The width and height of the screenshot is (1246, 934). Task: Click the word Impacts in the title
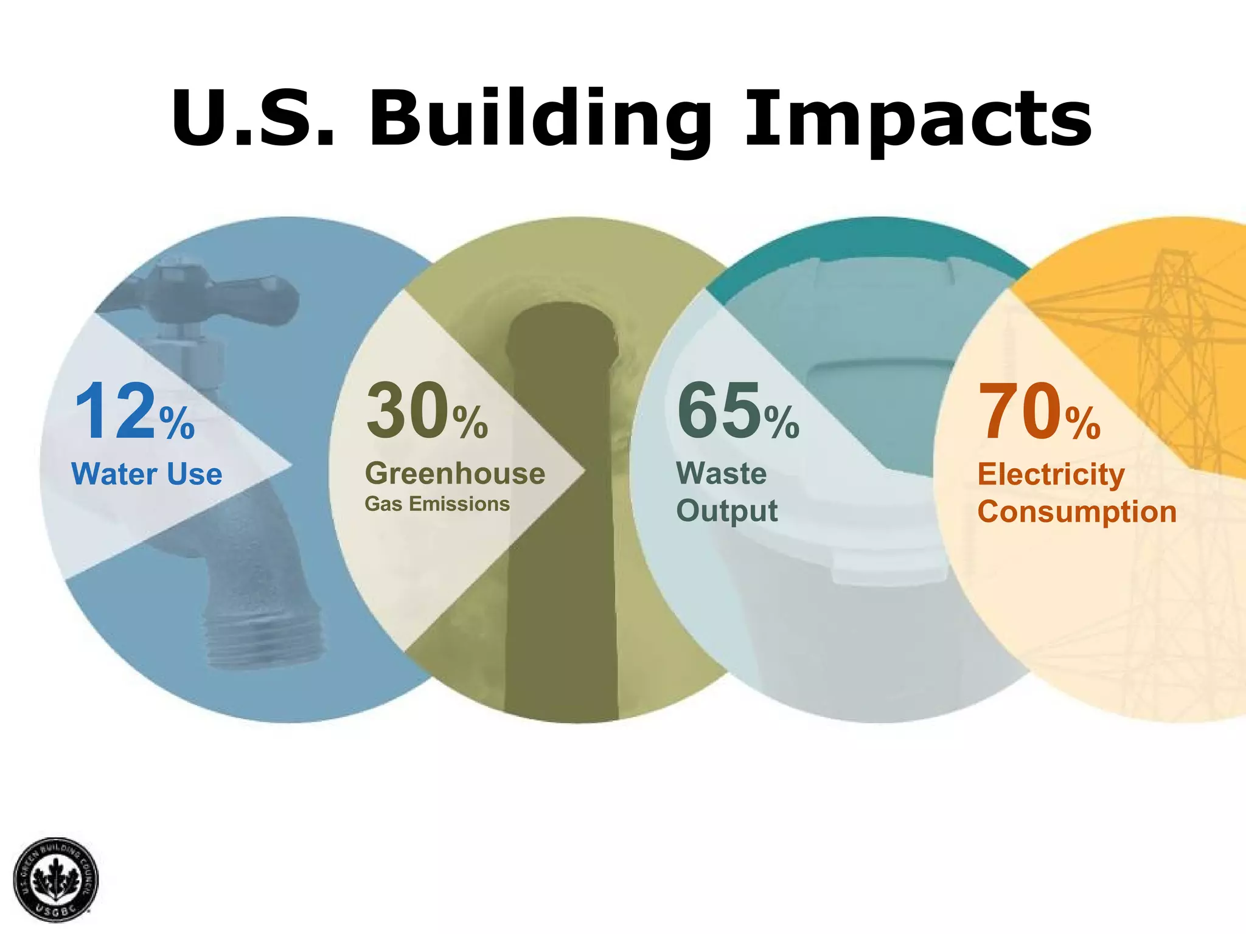(919, 119)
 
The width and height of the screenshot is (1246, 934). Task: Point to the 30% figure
(426, 411)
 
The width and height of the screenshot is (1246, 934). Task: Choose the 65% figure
(738, 411)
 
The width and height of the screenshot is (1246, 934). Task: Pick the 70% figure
(1039, 411)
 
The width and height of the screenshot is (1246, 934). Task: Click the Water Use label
(147, 474)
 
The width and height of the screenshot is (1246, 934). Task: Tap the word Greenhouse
(455, 474)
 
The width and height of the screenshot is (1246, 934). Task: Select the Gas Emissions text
(437, 504)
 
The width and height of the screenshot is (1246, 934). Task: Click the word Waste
(722, 473)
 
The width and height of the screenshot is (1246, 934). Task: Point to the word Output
(727, 511)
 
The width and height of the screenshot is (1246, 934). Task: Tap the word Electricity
(1051, 474)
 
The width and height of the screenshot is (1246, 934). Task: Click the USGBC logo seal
(55, 879)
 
